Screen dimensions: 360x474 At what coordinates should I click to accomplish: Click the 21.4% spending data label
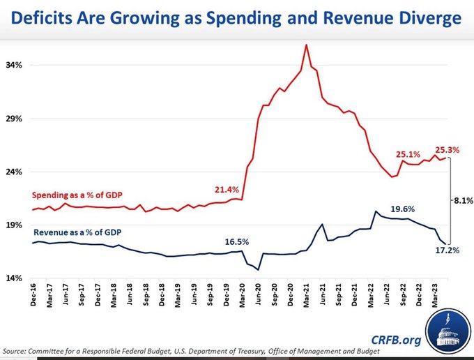click(227, 190)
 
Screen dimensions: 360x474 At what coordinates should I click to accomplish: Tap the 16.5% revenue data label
click(238, 241)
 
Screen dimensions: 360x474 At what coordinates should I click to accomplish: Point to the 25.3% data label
click(448, 149)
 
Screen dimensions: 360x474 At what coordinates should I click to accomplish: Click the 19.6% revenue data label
click(403, 209)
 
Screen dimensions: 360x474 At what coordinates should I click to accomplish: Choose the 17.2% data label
click(448, 249)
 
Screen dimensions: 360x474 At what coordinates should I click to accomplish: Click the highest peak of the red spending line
click(306, 45)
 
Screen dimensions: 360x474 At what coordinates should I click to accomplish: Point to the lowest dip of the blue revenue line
click(258, 269)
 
